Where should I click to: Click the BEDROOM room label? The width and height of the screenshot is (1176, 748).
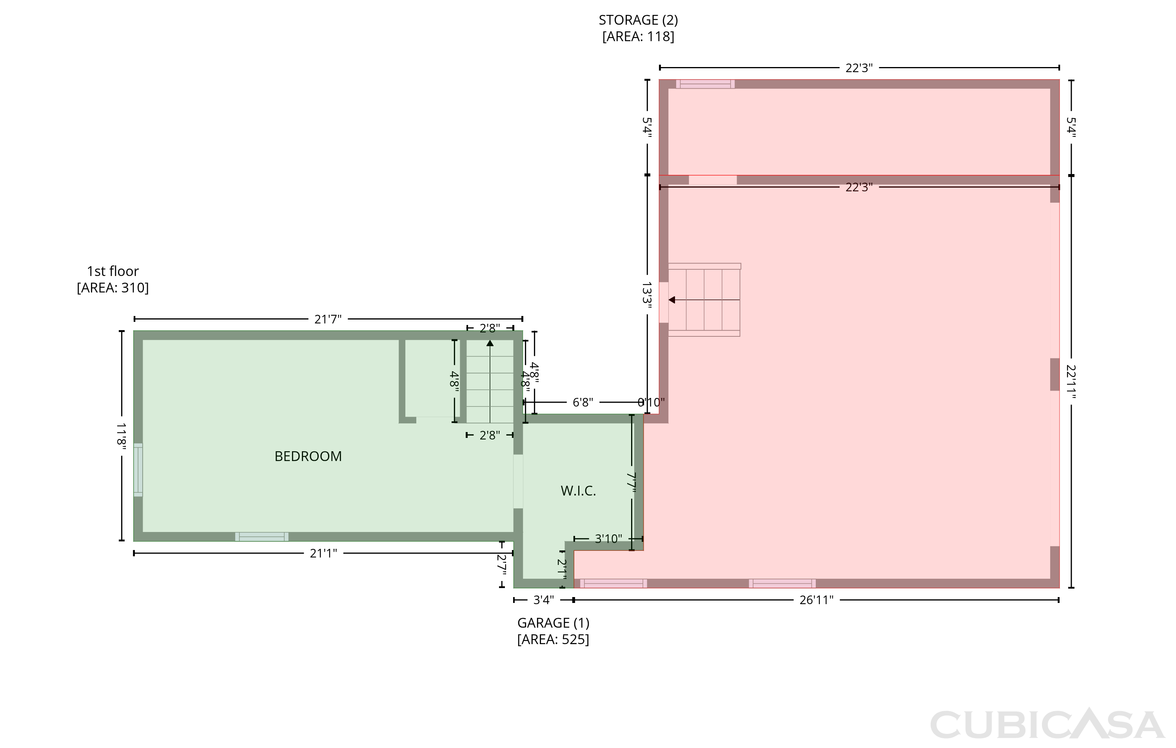[308, 456]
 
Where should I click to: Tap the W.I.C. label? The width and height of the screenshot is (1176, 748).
[578, 491]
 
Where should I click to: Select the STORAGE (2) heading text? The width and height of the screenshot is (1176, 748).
[638, 20]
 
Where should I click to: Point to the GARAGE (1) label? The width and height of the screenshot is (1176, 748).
[554, 623]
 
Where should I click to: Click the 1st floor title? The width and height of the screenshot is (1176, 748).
[113, 271]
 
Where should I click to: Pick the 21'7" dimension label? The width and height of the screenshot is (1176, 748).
[328, 319]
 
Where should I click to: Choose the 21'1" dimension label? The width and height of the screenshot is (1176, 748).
[323, 553]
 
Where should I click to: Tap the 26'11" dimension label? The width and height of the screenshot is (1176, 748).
[816, 600]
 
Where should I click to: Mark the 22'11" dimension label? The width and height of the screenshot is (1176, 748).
[1071, 382]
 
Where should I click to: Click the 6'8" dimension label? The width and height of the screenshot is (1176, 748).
[583, 402]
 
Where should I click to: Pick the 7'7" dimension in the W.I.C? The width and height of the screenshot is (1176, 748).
[632, 482]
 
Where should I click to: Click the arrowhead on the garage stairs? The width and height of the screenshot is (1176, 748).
[672, 300]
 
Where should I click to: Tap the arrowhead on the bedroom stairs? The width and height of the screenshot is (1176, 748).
[490, 343]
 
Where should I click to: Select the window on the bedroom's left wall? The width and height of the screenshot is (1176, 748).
[138, 470]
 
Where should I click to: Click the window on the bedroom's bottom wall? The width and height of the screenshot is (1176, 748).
[262, 536]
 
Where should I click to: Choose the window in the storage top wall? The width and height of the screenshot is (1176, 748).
[705, 84]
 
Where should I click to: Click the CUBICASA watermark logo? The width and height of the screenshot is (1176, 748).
[1047, 724]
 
